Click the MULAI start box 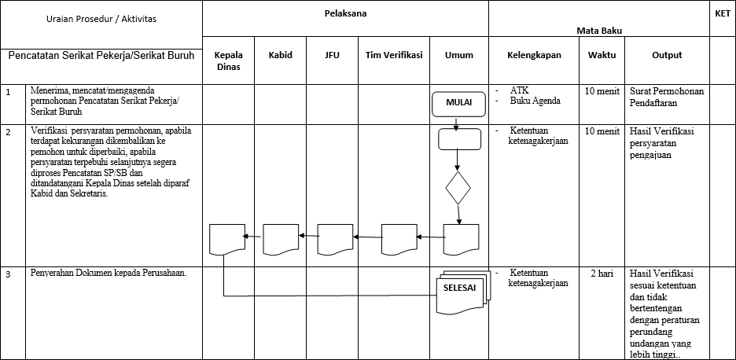tap(459, 103)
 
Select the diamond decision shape tap(458, 189)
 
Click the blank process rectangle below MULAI tap(459, 138)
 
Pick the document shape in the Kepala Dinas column tap(227, 238)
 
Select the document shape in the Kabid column tap(282, 238)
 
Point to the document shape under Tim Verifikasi tap(399, 238)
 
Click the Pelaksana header tap(345, 14)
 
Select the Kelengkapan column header tap(534, 55)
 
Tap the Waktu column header tap(602, 55)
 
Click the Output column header tap(667, 55)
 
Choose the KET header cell tap(722, 14)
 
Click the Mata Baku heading tap(600, 30)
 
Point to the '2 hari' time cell tap(602, 273)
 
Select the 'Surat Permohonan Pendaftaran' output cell tap(667, 96)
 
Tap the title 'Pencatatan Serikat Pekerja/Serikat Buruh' tap(101, 56)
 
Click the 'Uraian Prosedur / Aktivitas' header tap(101, 18)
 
